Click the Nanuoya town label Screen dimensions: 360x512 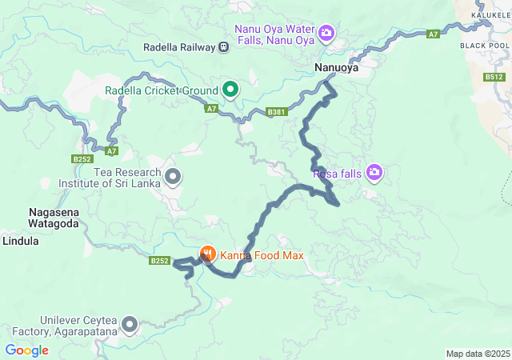tap(336, 68)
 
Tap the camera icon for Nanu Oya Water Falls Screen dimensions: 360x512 tap(326, 33)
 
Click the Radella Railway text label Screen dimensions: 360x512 tap(178, 47)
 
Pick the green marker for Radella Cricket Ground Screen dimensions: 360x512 tap(230, 90)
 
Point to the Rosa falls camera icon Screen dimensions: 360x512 tap(374, 172)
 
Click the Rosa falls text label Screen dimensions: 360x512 tap(336, 172)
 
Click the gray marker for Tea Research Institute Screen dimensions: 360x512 tap(172, 175)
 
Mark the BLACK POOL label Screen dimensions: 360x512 tap(485, 46)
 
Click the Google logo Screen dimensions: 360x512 tap(26, 350)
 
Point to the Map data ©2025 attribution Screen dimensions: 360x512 tap(478, 354)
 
